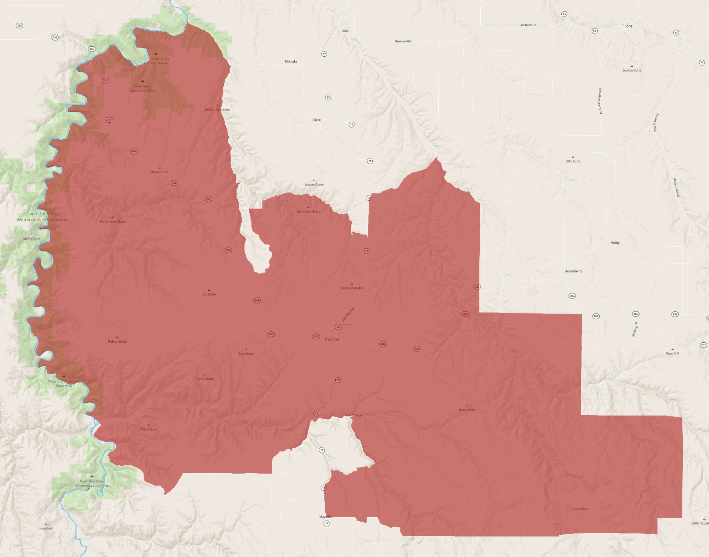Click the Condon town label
click(332, 339)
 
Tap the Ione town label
click(629, 26)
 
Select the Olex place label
click(345, 31)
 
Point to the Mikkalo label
click(291, 62)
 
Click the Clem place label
click(317, 120)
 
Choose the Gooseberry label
click(573, 271)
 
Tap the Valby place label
click(615, 243)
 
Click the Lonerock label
click(581, 509)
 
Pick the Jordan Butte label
click(632, 70)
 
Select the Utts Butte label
click(573, 161)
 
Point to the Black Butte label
click(467, 410)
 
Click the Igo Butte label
click(209, 294)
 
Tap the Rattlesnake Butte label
click(113, 221)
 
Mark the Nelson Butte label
click(117, 341)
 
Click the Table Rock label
click(148, 430)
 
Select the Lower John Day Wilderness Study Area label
click(41, 217)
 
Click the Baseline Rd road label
click(403, 41)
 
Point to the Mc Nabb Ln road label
click(528, 25)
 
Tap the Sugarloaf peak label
click(45, 528)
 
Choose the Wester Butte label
click(314, 185)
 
